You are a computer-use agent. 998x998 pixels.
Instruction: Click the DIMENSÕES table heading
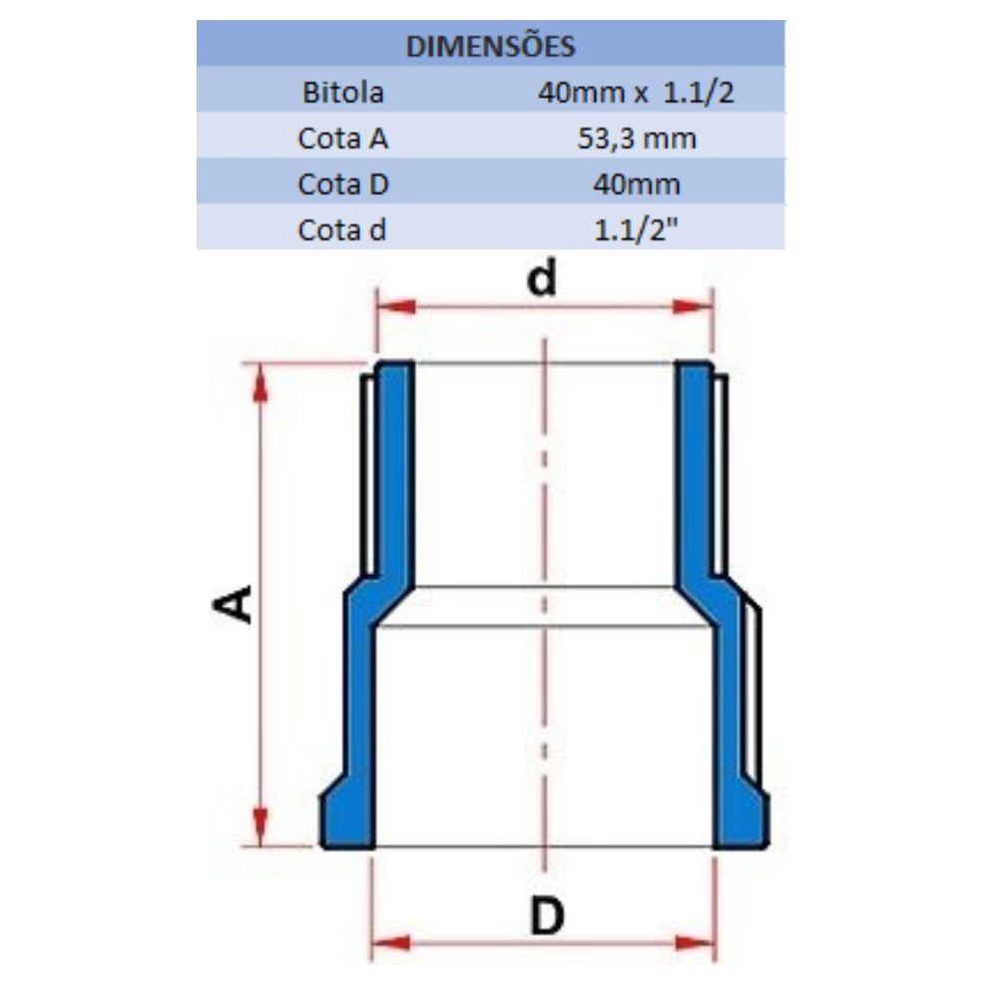490,47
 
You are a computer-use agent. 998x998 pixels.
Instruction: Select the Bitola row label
343,92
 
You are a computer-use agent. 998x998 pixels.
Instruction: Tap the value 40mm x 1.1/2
636,93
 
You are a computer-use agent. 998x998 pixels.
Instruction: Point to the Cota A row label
342,138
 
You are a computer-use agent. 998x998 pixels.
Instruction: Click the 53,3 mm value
637,139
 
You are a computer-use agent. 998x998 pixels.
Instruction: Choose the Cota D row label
342,184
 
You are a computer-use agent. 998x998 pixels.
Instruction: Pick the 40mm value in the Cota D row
637,185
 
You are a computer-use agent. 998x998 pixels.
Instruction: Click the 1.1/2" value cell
637,230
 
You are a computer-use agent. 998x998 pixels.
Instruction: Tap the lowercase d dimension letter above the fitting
542,278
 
